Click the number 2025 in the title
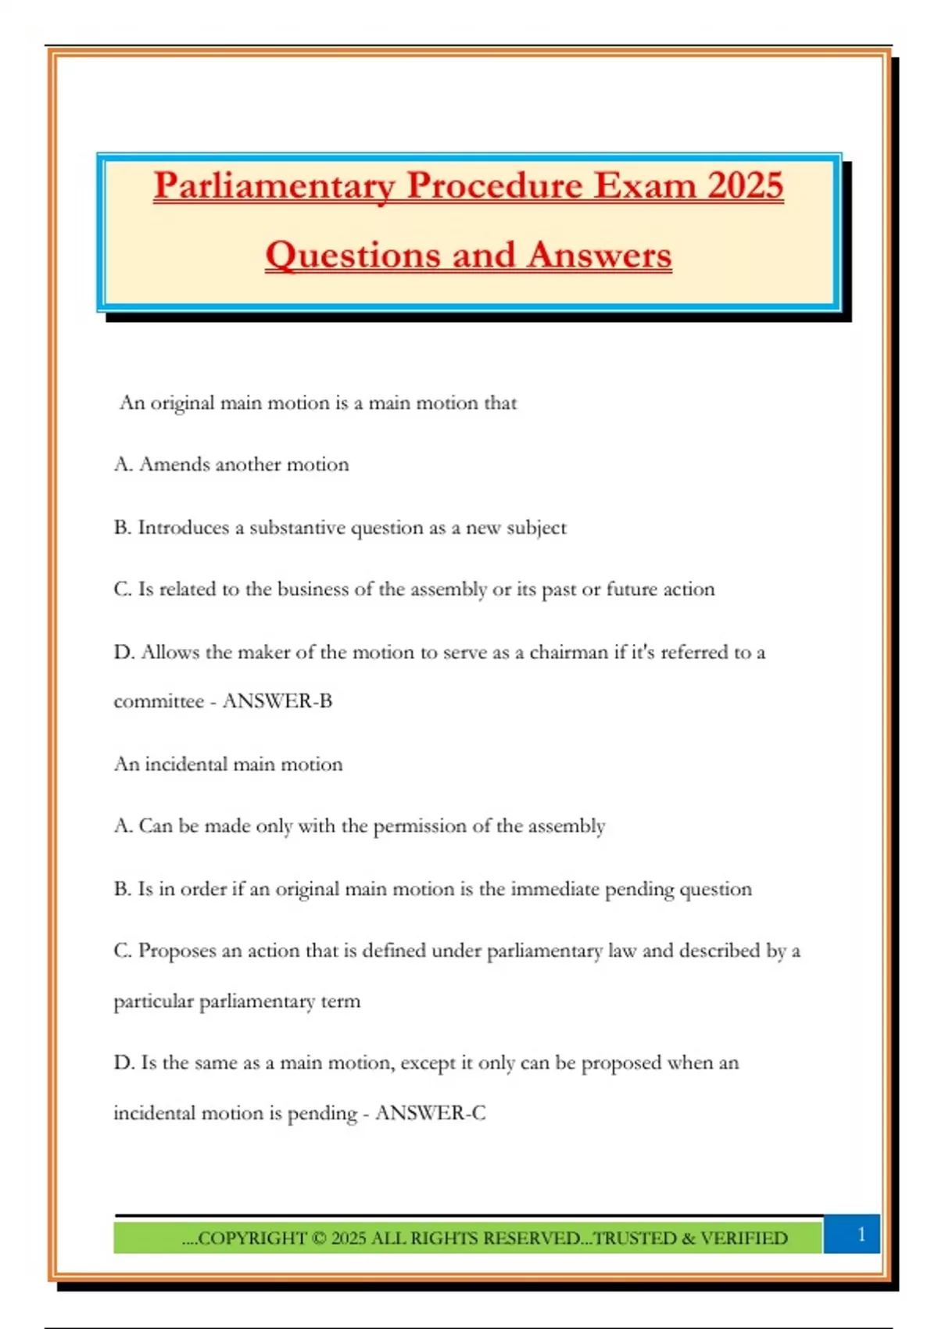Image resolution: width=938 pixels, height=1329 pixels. click(x=745, y=186)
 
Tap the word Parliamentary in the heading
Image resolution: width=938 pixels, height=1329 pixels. click(x=274, y=186)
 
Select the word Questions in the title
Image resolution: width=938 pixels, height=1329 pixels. click(x=352, y=255)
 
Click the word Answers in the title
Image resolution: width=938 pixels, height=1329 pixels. click(x=600, y=255)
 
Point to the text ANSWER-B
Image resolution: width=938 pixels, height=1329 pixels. click(x=277, y=700)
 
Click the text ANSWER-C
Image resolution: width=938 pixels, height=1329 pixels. click(x=430, y=1112)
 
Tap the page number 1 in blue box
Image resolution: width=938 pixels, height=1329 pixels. click(x=861, y=1234)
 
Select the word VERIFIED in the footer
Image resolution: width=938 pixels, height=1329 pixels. click(x=743, y=1238)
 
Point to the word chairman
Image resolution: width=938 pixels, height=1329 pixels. click(x=568, y=652)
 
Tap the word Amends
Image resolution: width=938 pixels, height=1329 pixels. click(x=174, y=464)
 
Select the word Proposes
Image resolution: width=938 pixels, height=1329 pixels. click(x=177, y=951)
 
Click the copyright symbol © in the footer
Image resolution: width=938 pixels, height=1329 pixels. click(x=318, y=1238)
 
